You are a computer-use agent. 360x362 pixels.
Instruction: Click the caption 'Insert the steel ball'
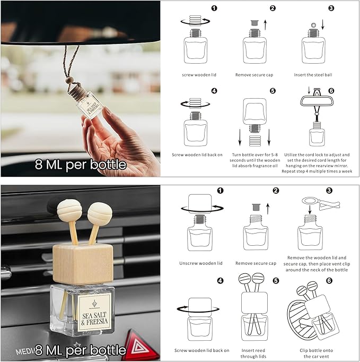pos(313,75)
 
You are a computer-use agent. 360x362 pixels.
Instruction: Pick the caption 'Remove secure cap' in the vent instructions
pos(257,262)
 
